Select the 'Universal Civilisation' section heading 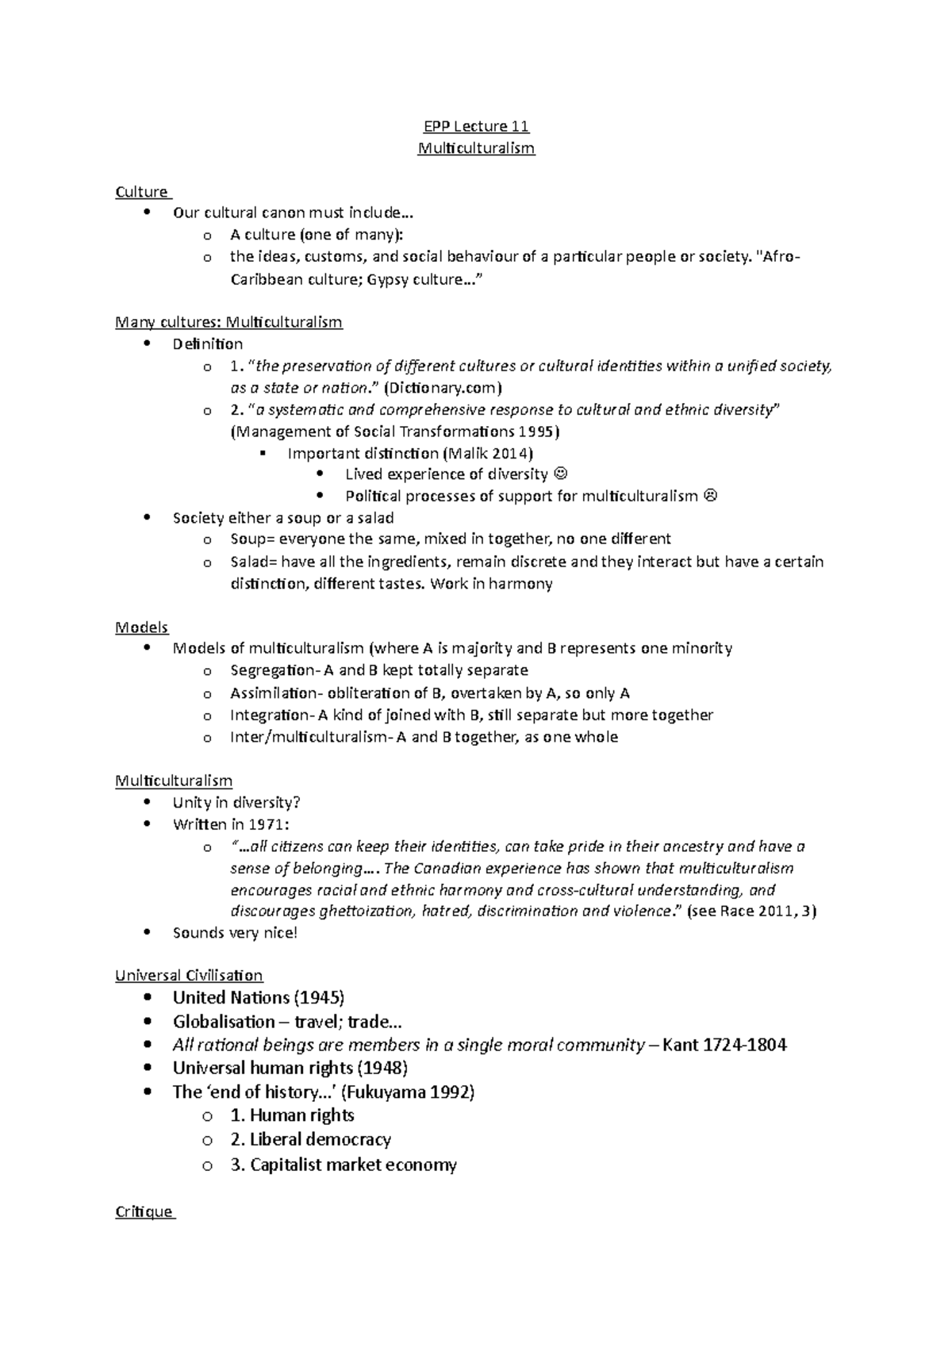pyautogui.click(x=189, y=975)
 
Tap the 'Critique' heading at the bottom pyautogui.click(x=144, y=1211)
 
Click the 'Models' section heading pyautogui.click(x=141, y=627)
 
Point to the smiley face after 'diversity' pyautogui.click(x=561, y=474)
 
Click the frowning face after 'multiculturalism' pyautogui.click(x=710, y=496)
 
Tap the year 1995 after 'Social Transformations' pyautogui.click(x=539, y=432)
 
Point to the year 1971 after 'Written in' pyautogui.click(x=262, y=824)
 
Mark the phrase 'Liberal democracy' pyautogui.click(x=321, y=1139)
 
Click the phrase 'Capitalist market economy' pyautogui.click(x=353, y=1165)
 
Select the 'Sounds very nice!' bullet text pyautogui.click(x=235, y=932)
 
